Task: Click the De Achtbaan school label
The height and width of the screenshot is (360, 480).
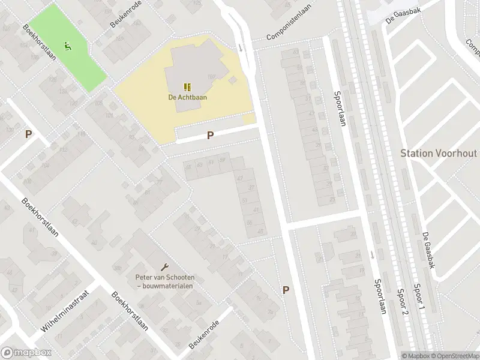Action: pyautogui.click(x=184, y=97)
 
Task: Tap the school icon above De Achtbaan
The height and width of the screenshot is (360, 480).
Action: pyautogui.click(x=186, y=86)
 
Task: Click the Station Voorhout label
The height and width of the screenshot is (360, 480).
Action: pyautogui.click(x=439, y=153)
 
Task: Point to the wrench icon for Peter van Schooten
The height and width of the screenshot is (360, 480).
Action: pyautogui.click(x=165, y=266)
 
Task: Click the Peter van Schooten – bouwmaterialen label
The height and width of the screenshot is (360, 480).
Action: pyautogui.click(x=164, y=281)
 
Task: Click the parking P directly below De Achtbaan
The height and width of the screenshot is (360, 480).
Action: pyautogui.click(x=210, y=136)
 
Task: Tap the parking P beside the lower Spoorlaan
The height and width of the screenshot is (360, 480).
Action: pyautogui.click(x=286, y=290)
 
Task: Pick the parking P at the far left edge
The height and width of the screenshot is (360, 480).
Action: pyautogui.click(x=28, y=134)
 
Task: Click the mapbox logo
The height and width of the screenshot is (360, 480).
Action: pyautogui.click(x=26, y=353)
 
